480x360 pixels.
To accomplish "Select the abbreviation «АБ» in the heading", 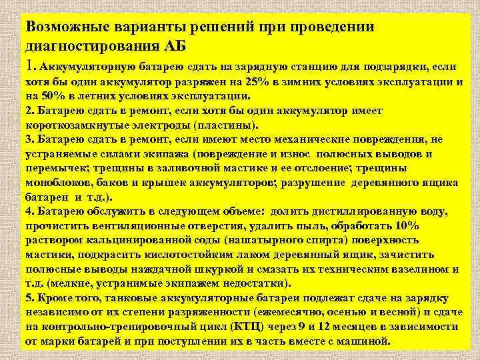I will click(x=177, y=47).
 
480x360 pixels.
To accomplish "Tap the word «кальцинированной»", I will click(x=131, y=241).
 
